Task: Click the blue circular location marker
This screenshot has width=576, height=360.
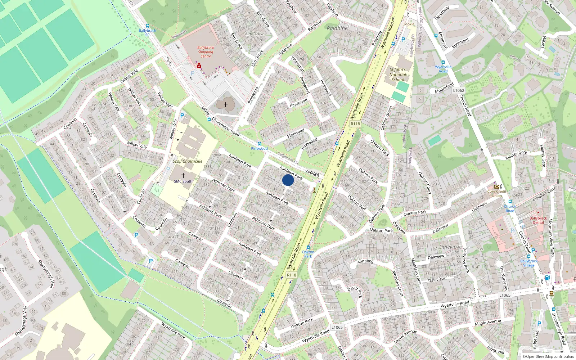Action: click(288, 180)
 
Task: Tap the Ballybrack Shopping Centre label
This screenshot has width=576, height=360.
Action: click(206, 52)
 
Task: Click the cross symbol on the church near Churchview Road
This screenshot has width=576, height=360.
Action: click(226, 105)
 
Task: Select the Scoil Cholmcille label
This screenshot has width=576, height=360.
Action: click(187, 161)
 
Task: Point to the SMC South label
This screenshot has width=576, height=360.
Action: click(183, 181)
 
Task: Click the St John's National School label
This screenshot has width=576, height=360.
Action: click(397, 75)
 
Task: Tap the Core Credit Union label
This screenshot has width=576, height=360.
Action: click(497, 194)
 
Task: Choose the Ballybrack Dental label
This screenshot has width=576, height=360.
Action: click(538, 220)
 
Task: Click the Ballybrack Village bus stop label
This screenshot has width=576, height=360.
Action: click(528, 263)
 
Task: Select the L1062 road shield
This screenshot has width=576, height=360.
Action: click(459, 90)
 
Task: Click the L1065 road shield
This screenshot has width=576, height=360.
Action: click(505, 295)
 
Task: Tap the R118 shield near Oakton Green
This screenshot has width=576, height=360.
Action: click(355, 124)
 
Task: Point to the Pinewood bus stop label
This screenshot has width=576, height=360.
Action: click(259, 148)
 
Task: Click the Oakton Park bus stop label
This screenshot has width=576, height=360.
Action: click(308, 254)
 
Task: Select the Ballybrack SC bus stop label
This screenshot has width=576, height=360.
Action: click(147, 32)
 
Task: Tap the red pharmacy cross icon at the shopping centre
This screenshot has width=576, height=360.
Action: click(199, 66)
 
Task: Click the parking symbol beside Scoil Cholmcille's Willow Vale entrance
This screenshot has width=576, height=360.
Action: click(182, 116)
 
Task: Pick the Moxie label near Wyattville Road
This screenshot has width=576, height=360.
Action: click(409, 24)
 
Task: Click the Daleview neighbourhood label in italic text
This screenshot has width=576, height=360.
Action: click(450, 247)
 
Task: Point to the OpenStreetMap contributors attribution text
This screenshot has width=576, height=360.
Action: click(548, 357)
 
